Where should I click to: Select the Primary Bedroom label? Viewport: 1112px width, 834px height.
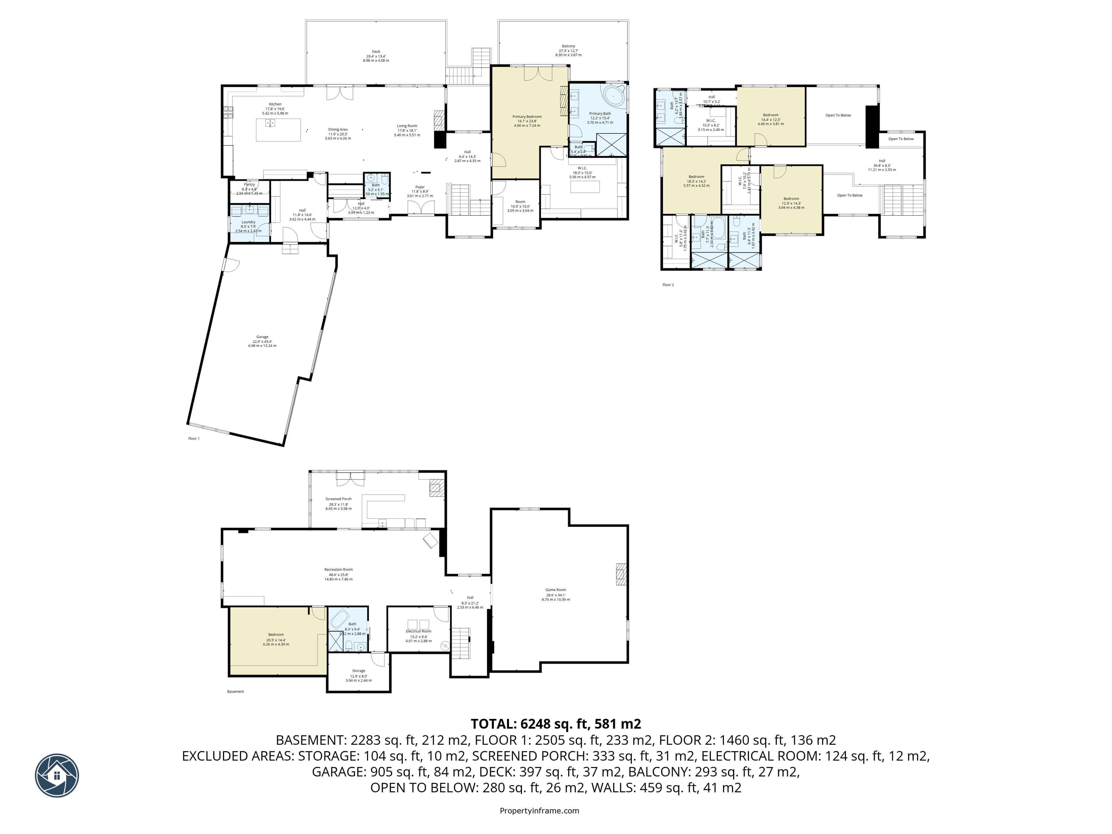tap(527, 117)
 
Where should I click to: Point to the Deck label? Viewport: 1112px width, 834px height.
tap(376, 51)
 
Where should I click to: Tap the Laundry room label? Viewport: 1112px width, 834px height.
tap(248, 222)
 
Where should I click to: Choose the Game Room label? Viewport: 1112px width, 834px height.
tap(555, 590)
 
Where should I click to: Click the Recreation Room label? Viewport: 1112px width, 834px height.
tap(338, 570)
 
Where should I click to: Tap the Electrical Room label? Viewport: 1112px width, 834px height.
tap(418, 631)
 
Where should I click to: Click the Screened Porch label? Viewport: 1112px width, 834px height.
tap(338, 499)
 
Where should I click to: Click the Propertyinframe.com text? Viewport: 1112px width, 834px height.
tap(539, 810)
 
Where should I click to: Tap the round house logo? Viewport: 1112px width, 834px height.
tap(57, 775)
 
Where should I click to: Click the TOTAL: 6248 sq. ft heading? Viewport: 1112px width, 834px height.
tap(555, 724)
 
